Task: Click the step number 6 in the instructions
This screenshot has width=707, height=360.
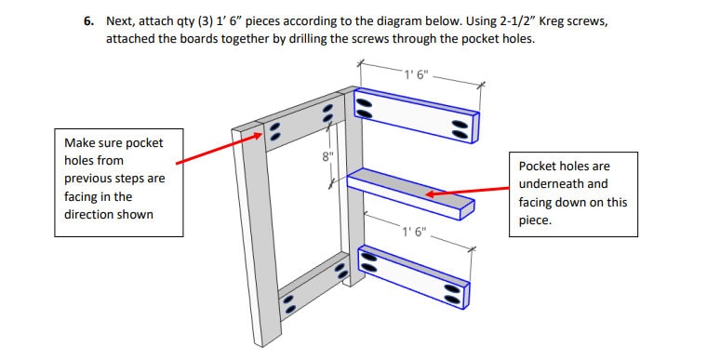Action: coord(87,20)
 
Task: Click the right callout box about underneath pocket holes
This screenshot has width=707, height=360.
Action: coord(572,193)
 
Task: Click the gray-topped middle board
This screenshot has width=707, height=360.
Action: coord(409,193)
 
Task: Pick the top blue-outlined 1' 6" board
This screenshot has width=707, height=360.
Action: coord(419,116)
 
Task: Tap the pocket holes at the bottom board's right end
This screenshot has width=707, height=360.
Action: coord(453,293)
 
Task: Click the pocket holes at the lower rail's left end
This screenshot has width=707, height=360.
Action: coord(289,303)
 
